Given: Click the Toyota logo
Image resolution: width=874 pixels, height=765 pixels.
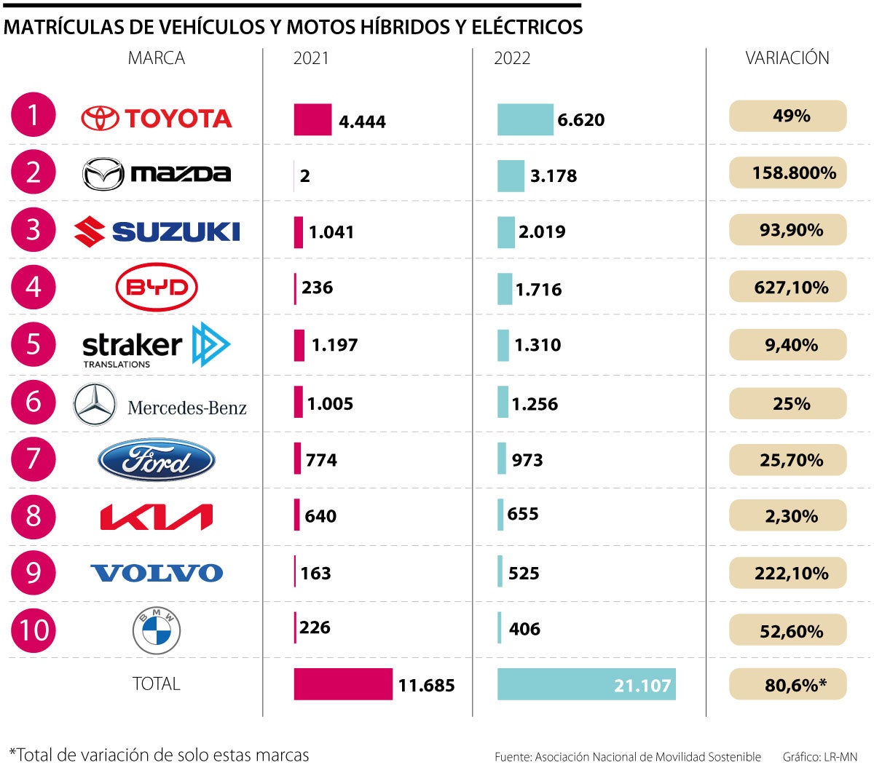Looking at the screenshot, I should click(x=156, y=118).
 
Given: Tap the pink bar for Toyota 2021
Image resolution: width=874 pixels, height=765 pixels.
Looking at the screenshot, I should click(x=312, y=120).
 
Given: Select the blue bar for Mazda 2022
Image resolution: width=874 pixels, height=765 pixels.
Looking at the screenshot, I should click(x=511, y=176).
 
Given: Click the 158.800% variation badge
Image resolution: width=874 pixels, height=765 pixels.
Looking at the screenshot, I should click(x=787, y=173).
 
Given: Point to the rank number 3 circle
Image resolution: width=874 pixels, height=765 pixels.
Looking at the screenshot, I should click(x=34, y=230).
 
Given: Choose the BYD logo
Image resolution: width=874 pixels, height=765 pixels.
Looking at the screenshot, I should click(x=157, y=288).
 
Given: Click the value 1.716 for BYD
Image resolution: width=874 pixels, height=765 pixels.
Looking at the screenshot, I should click(x=538, y=290).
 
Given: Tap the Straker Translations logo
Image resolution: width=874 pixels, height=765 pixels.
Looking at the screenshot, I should click(x=156, y=345).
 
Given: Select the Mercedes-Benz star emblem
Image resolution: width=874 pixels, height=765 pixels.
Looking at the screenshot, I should click(x=95, y=405).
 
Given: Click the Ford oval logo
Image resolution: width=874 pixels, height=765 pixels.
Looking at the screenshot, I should click(x=156, y=460).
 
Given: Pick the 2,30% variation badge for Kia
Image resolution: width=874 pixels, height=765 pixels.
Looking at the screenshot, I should click(x=787, y=516).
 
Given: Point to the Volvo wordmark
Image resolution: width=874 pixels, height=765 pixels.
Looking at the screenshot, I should click(x=157, y=574).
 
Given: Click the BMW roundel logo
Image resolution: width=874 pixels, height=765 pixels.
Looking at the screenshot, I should click(x=157, y=630).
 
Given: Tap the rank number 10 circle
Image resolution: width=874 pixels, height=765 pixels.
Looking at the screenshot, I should click(x=34, y=630).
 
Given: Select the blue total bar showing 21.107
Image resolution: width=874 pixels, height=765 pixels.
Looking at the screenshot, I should click(x=586, y=684).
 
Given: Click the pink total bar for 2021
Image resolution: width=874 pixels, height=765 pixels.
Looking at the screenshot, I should click(x=343, y=684).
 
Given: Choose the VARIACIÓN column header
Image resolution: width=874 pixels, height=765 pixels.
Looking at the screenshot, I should click(x=787, y=58).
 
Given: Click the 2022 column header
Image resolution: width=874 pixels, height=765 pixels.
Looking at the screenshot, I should click(x=512, y=58).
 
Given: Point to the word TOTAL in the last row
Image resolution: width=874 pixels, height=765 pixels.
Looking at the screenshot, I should click(x=156, y=684).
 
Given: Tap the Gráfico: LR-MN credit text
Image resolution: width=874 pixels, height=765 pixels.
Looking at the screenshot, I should click(x=819, y=757).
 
